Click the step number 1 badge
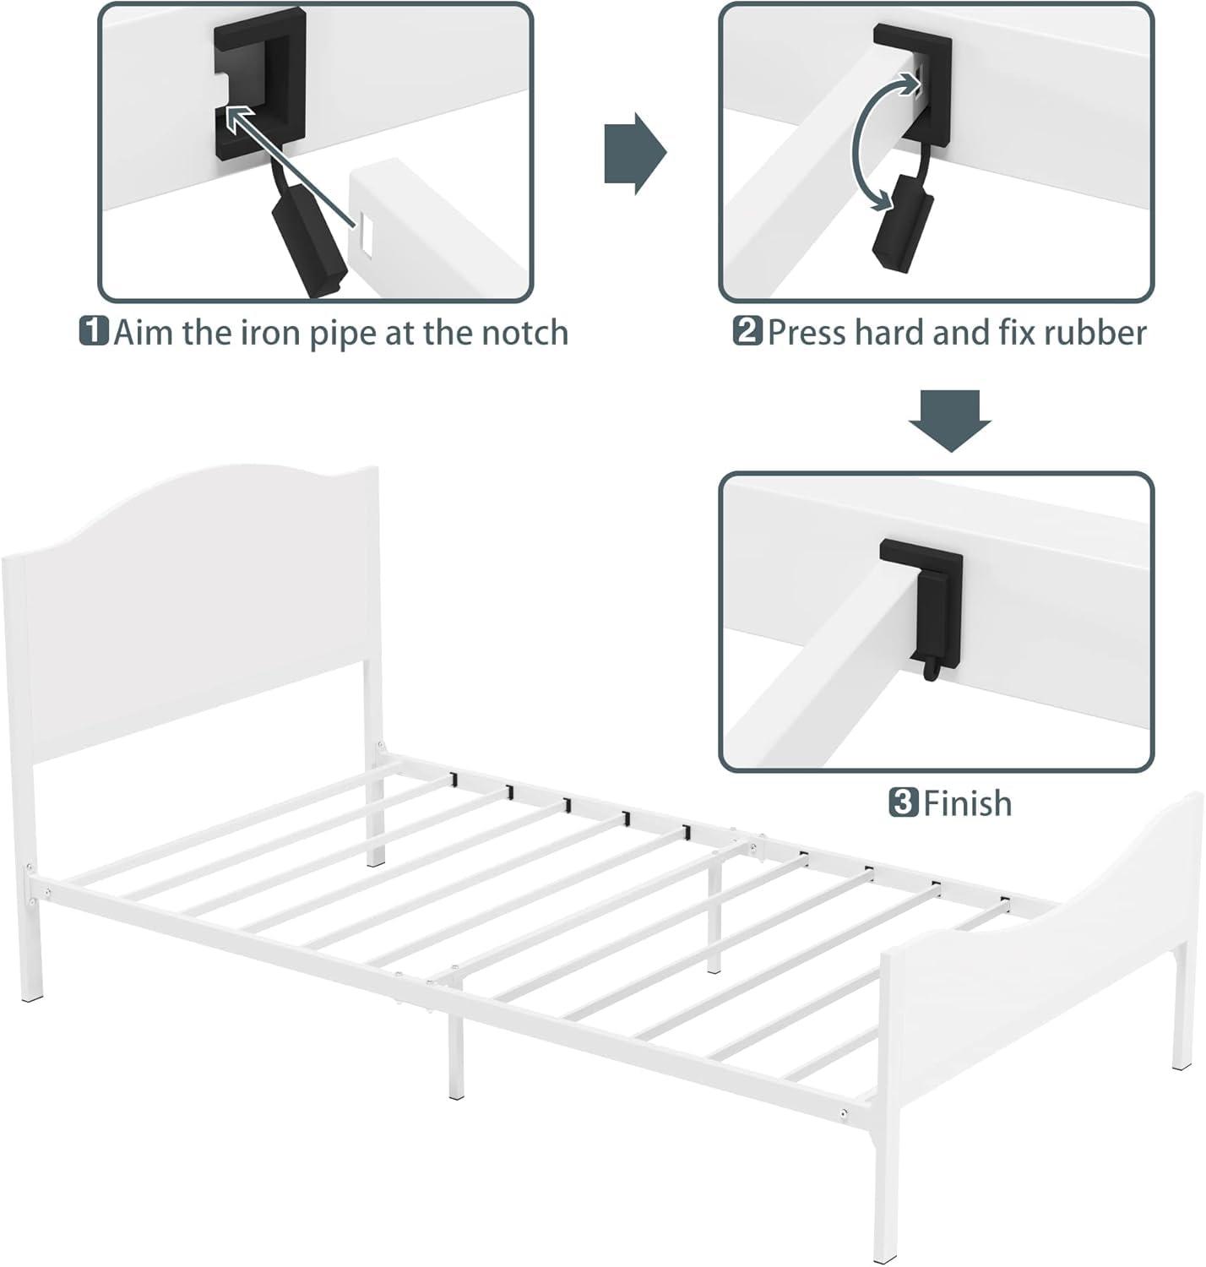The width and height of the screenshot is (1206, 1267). (94, 331)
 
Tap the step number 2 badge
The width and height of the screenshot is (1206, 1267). (747, 331)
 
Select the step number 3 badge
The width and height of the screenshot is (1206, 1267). (903, 802)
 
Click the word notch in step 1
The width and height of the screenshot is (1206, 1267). (524, 333)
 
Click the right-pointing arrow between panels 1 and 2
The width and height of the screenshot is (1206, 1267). (634, 153)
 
